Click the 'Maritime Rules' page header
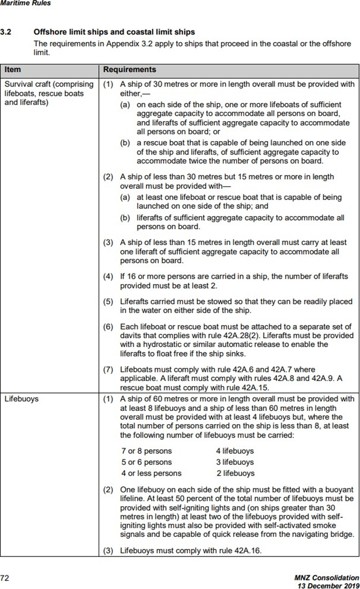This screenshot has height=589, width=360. point(25,3)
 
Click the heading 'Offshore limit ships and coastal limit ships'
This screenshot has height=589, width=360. point(114,32)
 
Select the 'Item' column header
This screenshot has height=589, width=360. point(13,69)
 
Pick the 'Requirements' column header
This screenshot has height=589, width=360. point(129,69)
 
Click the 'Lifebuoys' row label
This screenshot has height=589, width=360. point(22,400)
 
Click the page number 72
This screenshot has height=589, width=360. point(5,578)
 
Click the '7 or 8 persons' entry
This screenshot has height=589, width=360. point(146,451)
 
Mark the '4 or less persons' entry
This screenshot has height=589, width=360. point(151,473)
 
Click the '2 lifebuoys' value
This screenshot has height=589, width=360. point(235,473)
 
